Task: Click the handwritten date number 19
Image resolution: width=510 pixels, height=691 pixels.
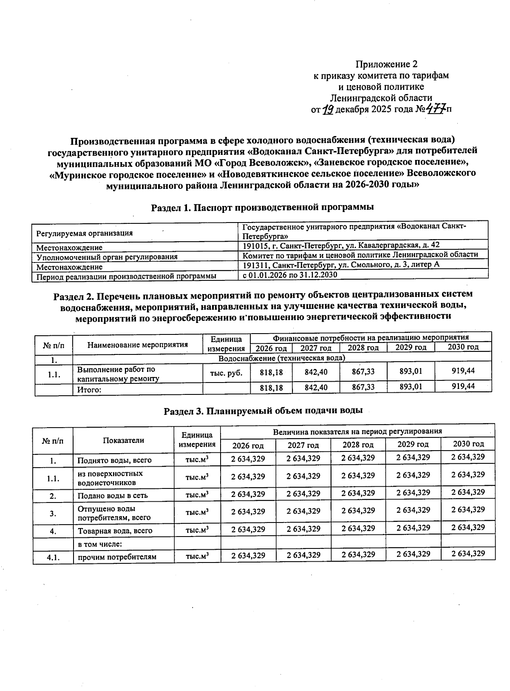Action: tap(327, 110)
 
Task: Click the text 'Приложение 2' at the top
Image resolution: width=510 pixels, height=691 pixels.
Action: tap(386, 64)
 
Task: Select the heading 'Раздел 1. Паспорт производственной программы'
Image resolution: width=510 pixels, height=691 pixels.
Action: tap(262, 207)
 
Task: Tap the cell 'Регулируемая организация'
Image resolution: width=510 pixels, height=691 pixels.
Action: tap(84, 233)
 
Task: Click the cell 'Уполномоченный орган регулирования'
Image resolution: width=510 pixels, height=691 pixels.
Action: tap(107, 257)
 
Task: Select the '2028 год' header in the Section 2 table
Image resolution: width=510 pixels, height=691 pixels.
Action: tap(363, 348)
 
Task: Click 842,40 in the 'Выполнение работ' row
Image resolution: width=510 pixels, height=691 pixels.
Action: tap(316, 372)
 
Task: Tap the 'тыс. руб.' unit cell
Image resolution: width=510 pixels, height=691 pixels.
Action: tap(227, 373)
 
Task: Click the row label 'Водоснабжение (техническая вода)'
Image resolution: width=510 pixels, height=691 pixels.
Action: tap(281, 358)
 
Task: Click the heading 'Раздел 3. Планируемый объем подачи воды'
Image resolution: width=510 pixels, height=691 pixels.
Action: tap(263, 411)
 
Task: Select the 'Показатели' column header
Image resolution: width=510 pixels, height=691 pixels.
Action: tap(123, 440)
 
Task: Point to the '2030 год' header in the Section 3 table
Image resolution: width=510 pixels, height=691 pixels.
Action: tap(468, 444)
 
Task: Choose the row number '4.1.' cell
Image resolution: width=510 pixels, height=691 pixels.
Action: tap(53, 557)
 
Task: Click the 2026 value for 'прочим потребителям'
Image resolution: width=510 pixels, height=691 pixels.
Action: tap(248, 555)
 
